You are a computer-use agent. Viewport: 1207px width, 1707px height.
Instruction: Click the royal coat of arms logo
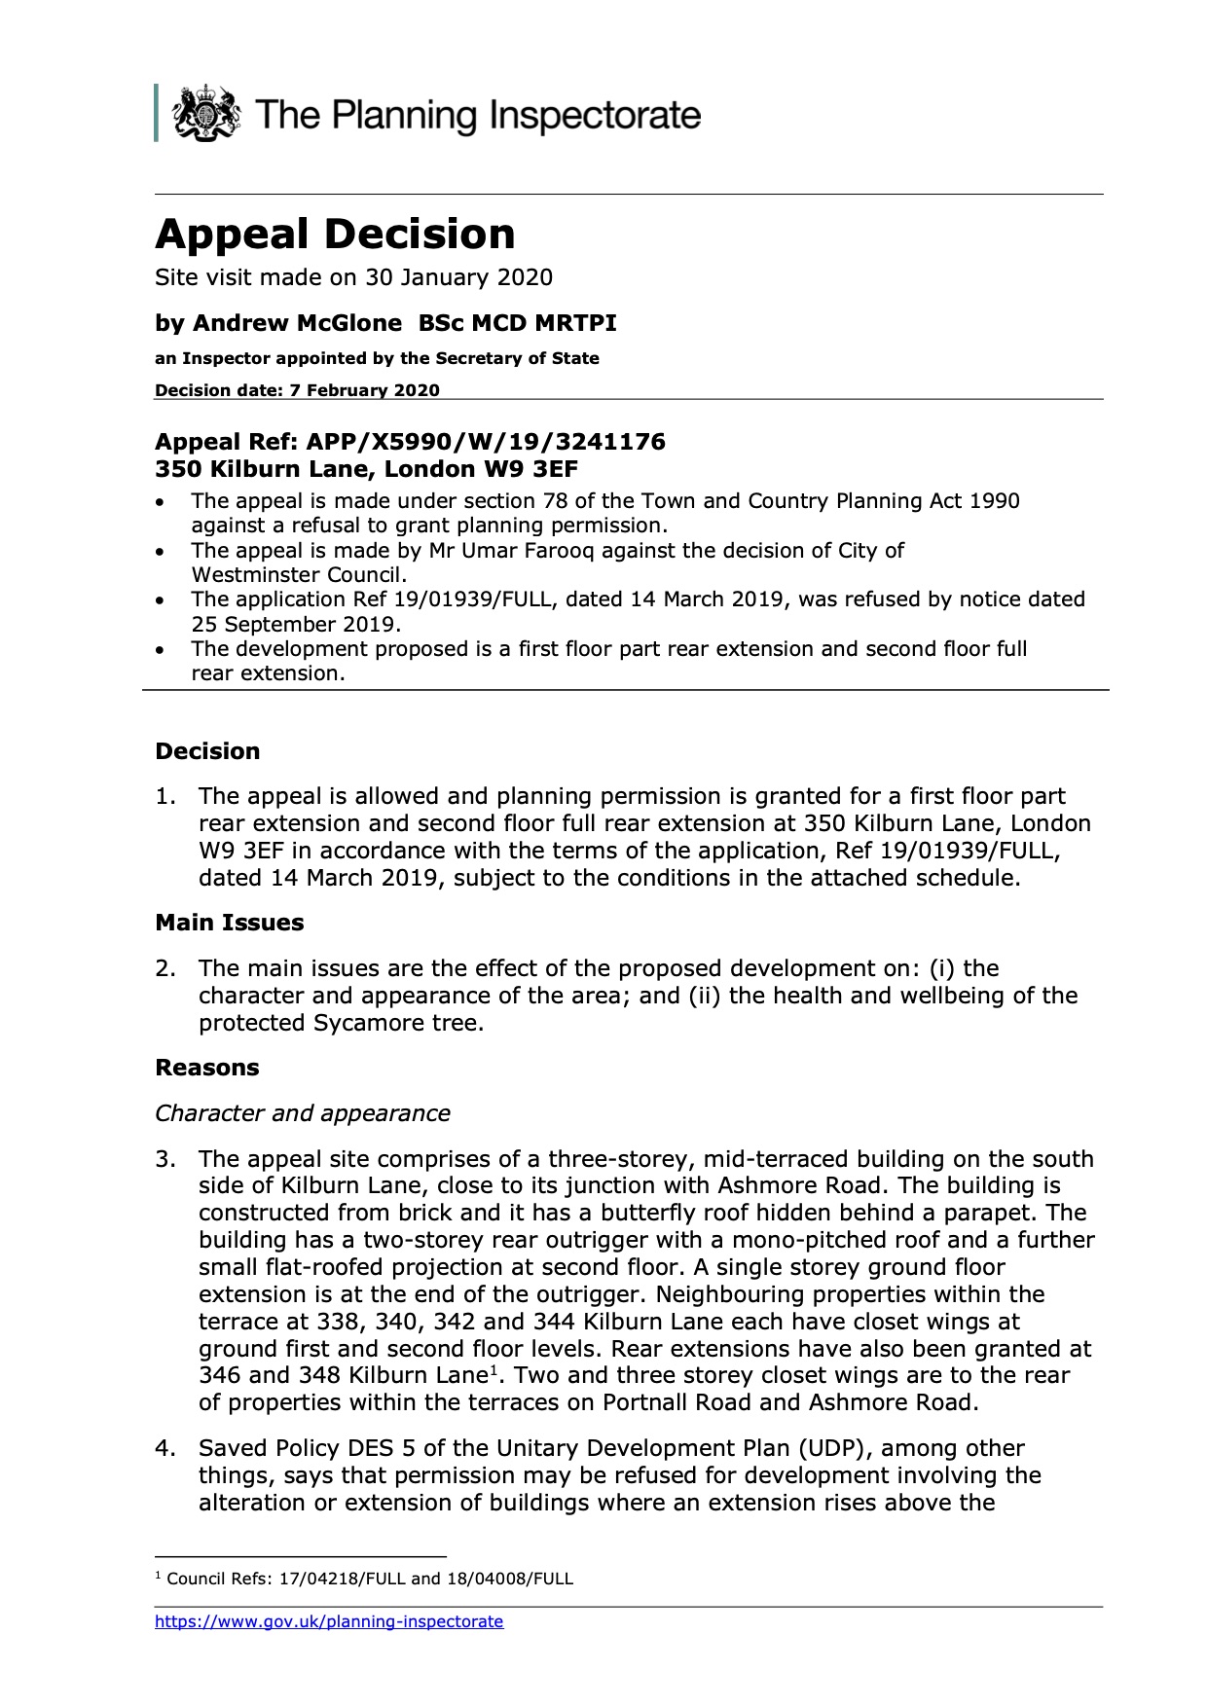tap(205, 114)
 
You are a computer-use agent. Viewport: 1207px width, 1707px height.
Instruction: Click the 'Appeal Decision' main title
tap(335, 235)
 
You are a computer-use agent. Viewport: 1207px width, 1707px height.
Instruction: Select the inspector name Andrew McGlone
tap(297, 323)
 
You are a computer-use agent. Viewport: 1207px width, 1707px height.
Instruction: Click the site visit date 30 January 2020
tap(458, 277)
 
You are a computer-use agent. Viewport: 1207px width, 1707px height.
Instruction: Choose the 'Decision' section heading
tap(207, 751)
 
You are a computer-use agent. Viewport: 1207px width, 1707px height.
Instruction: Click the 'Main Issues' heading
tap(230, 923)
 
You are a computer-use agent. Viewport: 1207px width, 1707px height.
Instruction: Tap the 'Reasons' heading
tap(207, 1068)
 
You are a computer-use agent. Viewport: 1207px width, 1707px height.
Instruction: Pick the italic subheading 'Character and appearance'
tap(303, 1113)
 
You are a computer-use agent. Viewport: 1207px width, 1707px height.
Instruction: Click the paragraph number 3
tap(165, 1159)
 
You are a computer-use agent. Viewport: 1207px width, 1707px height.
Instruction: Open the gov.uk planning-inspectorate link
tap(329, 1621)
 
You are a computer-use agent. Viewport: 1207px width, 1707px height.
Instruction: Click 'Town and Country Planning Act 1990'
tap(829, 501)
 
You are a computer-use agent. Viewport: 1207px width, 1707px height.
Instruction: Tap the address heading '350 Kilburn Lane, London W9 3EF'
tap(366, 469)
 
